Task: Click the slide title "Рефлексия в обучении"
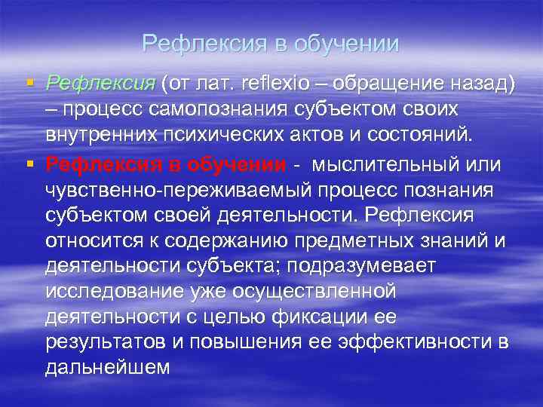click(x=271, y=44)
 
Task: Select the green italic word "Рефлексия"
click(x=100, y=83)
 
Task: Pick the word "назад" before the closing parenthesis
click(x=474, y=83)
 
